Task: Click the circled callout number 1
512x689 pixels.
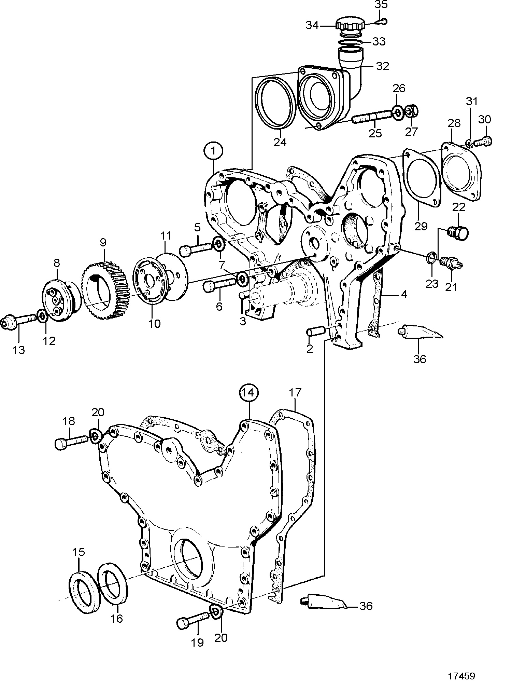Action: (x=214, y=151)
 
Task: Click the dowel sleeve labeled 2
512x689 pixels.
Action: (x=316, y=332)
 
